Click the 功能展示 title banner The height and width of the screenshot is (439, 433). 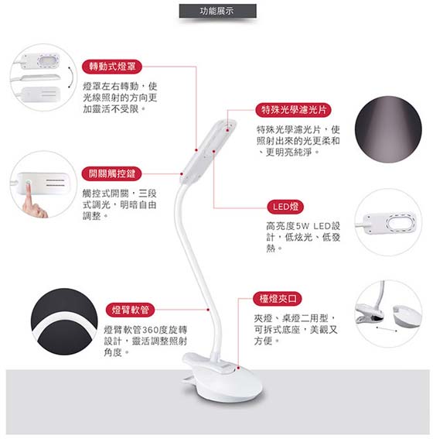217,11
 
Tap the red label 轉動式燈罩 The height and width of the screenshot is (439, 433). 112,67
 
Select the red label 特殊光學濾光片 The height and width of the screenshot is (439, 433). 293,110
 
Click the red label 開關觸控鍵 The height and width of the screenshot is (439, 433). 112,173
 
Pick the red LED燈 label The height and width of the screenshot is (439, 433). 285,207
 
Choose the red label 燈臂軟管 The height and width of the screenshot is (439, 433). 130,310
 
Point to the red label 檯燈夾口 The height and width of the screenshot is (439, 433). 278,298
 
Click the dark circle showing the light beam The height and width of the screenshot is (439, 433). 388,129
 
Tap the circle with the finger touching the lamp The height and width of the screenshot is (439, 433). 43,184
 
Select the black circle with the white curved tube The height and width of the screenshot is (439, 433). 64,321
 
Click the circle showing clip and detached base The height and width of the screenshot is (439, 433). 388,314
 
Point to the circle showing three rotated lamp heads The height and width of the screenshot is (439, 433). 43,77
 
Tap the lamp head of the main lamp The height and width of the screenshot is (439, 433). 208,151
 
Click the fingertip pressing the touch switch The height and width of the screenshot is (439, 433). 29,184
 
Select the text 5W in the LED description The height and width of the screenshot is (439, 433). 302,226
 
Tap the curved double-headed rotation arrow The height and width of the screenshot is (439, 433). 72,77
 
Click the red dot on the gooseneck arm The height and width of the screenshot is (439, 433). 208,310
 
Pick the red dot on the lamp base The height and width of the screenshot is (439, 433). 238,368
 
